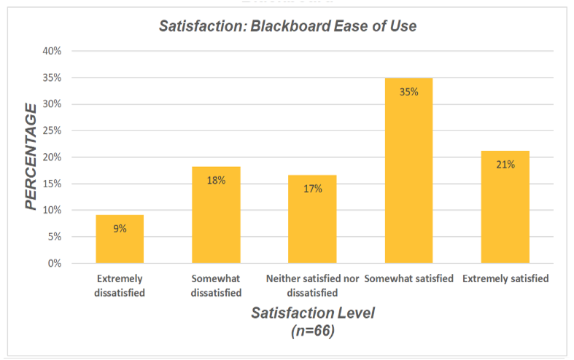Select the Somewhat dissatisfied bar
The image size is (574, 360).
[216, 215]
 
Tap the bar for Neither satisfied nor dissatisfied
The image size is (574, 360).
[312, 219]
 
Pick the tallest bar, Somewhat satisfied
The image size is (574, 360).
[408, 171]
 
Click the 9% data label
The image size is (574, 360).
[120, 228]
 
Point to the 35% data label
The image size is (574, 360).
[408, 92]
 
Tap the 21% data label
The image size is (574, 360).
[505, 165]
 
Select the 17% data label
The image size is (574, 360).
[312, 188]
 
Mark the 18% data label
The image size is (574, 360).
[216, 180]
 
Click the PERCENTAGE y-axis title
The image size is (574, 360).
[31, 157]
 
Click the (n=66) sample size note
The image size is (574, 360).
[312, 329]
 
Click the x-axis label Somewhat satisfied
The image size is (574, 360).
[408, 279]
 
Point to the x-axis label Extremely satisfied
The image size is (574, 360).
[505, 279]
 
